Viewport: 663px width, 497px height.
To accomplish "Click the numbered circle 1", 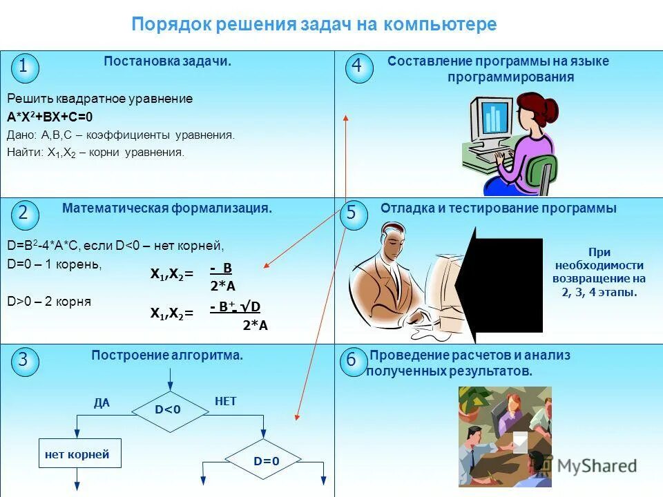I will pos(24,67).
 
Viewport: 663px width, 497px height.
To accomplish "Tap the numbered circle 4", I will pos(358,67).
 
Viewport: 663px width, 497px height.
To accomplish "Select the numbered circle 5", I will pos(352,213).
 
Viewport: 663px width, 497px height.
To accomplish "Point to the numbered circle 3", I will pos(24,360).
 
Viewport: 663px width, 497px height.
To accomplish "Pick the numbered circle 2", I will pos(24,213).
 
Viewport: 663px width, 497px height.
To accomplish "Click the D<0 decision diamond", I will pos(168,410).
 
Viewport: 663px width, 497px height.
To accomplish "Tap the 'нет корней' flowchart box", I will pos(77,455).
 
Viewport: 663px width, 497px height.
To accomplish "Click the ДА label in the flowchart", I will pos(102,403).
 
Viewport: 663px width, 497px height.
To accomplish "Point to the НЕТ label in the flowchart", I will pos(226,400).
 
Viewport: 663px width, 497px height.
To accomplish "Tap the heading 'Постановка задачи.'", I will pos(167,61).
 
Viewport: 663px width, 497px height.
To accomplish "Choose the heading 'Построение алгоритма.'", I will pos(167,355).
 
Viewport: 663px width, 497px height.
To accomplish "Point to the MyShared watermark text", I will pos(597,465).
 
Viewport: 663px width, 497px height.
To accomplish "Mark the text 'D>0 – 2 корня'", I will pos(49,302).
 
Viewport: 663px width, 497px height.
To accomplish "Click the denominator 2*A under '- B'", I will pos(223,286).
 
